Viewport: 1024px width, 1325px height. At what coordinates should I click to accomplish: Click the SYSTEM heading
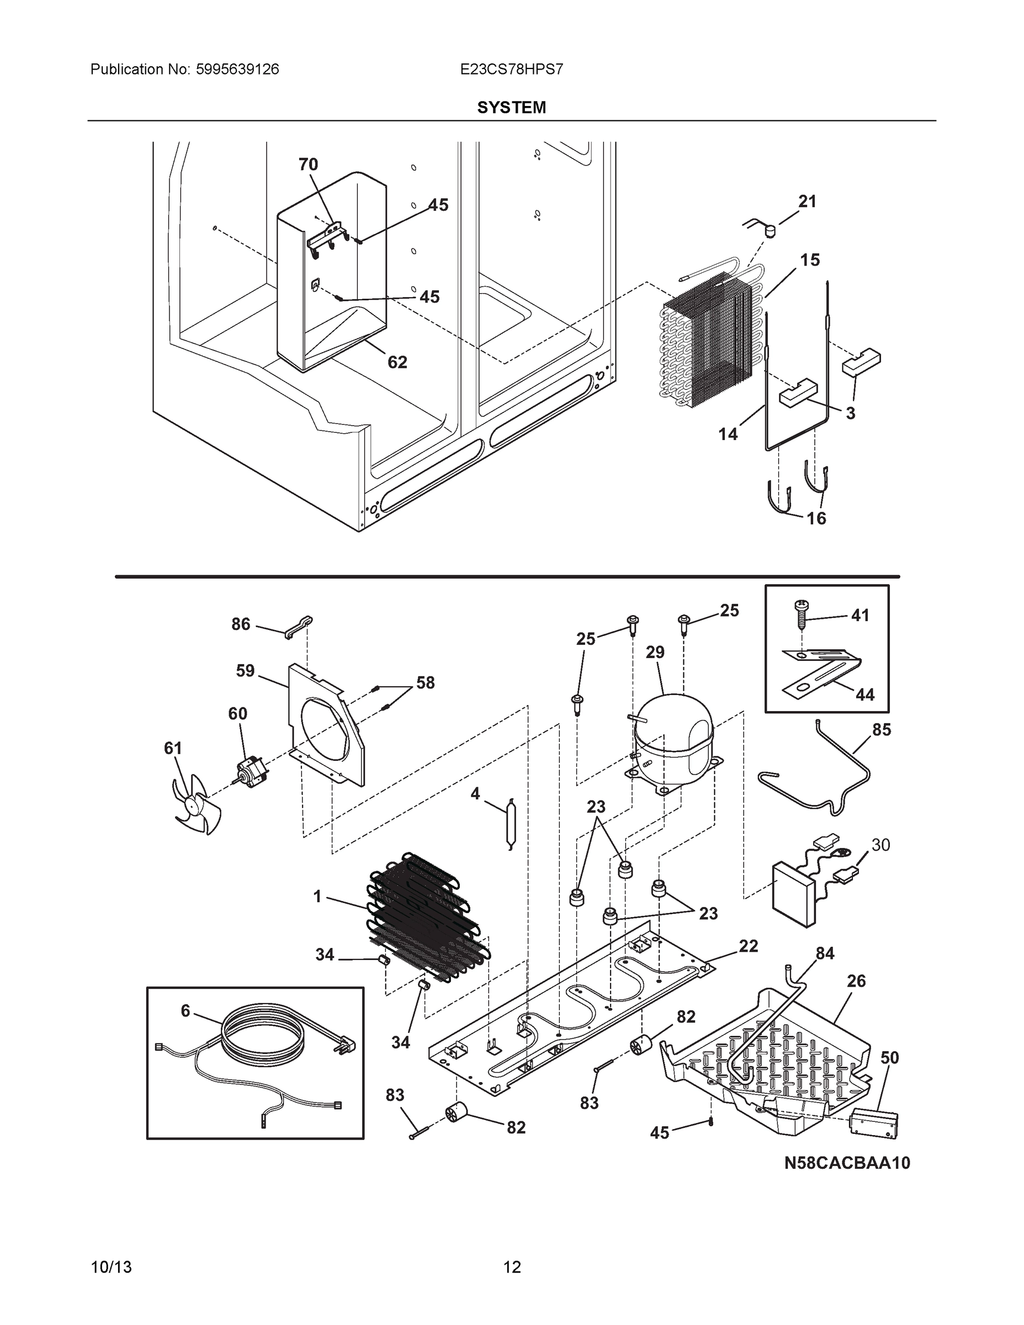pyautogui.click(x=511, y=108)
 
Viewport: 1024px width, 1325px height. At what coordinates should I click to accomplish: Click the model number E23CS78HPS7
pyautogui.click(x=511, y=69)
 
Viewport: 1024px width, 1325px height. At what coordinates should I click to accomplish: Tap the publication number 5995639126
pyautogui.click(x=237, y=69)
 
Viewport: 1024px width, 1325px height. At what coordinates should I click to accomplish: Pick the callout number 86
pyautogui.click(x=241, y=624)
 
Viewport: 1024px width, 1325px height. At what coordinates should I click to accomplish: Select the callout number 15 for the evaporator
pyautogui.click(x=809, y=259)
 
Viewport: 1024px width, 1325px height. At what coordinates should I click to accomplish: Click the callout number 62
pyautogui.click(x=397, y=362)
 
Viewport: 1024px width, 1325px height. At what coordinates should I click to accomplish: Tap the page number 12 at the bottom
pyautogui.click(x=512, y=1267)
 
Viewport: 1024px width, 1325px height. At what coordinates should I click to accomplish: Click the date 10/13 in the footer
pyautogui.click(x=111, y=1267)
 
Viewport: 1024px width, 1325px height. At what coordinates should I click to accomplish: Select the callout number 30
pyautogui.click(x=880, y=845)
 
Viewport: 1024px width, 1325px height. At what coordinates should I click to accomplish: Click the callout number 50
pyautogui.click(x=889, y=1057)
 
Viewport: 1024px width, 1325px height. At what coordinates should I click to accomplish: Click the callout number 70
pyautogui.click(x=308, y=165)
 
